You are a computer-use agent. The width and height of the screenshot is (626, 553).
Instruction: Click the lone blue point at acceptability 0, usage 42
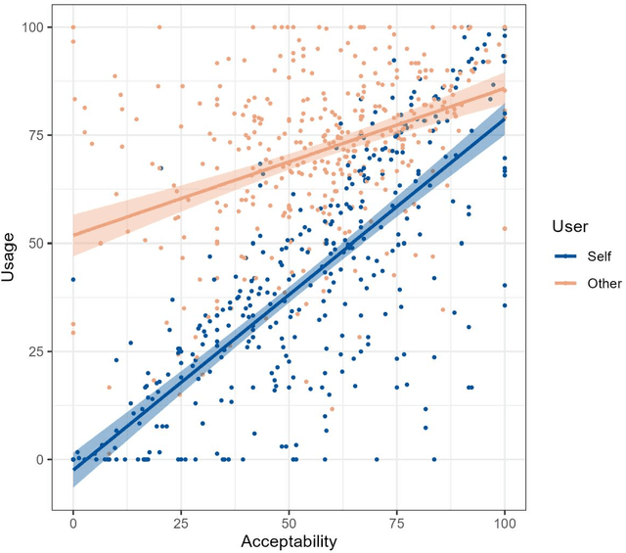click(72, 279)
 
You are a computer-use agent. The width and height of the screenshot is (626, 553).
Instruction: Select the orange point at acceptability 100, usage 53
click(505, 229)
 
